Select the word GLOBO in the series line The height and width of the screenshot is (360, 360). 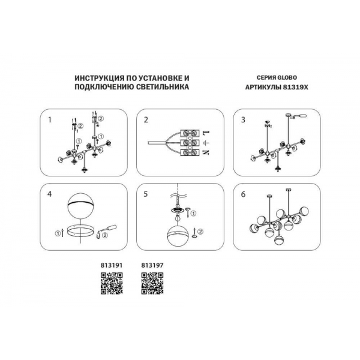pos(287,77)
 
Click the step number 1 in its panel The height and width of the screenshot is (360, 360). pos(50,120)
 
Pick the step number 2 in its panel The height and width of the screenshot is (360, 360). pos(146,120)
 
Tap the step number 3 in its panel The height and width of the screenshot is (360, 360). pos(243,120)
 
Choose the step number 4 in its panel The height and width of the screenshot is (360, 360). pos(50,194)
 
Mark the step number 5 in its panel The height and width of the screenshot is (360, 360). pos(146,194)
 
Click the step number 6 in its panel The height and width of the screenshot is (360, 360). pos(243,194)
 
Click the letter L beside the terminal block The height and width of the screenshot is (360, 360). pos(206,133)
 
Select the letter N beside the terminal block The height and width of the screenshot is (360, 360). pos(206,152)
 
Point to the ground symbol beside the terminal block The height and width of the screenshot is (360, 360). pos(206,143)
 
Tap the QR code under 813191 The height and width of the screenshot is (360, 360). pos(112,283)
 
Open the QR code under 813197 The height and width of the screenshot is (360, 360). pos(152,283)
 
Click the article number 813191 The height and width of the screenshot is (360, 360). pos(112,265)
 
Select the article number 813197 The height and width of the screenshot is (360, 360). pos(152,265)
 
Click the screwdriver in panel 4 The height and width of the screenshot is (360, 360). pos(108,229)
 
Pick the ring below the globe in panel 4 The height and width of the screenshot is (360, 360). pos(80,235)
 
